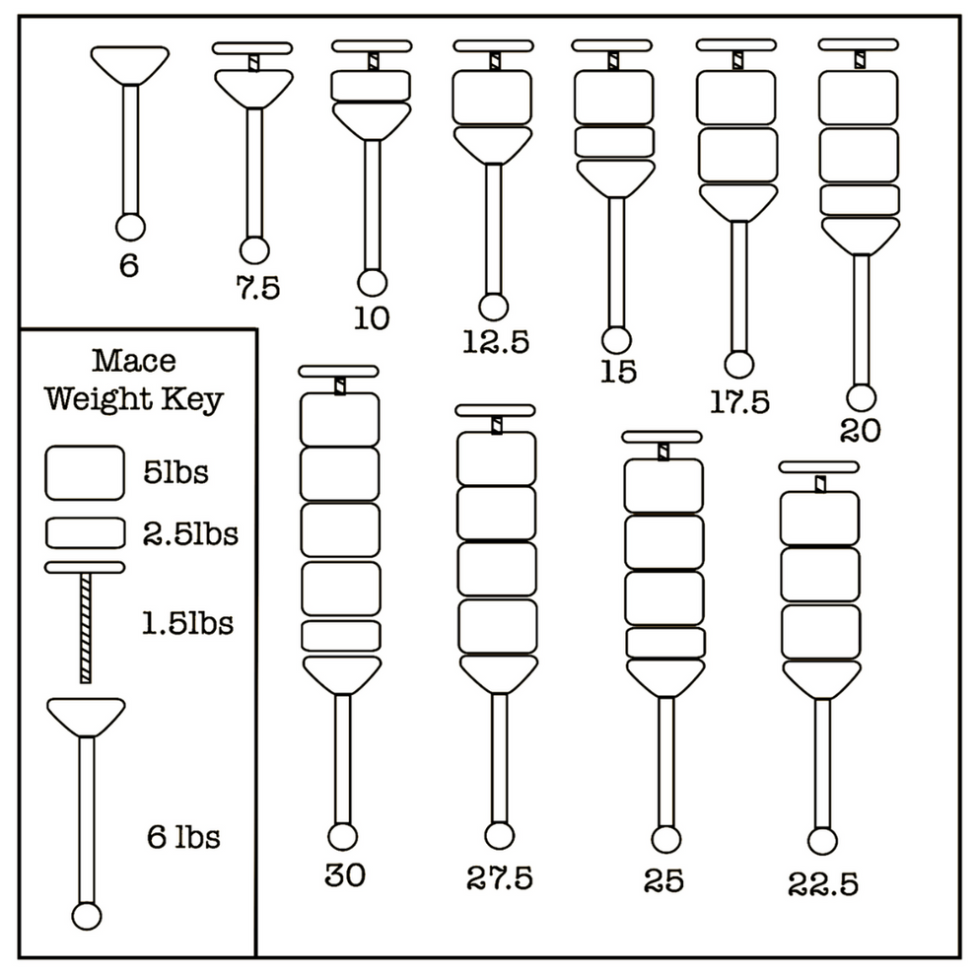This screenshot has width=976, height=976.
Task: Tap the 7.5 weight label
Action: pos(257,288)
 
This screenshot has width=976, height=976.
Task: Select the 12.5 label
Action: pos(496,341)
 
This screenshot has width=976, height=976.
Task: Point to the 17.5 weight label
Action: pos(739,401)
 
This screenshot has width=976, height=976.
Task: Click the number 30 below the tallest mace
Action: pos(344,875)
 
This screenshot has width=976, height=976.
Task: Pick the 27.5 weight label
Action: pos(500,877)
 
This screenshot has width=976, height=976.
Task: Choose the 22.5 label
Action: pos(822,883)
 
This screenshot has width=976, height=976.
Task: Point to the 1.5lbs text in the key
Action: pos(186,624)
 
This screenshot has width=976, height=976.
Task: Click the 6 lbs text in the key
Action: pos(183,838)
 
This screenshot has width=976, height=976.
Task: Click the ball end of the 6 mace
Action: pos(131,227)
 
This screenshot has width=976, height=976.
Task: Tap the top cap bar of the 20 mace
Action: pos(859,44)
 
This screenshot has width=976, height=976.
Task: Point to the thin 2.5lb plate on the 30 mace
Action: pos(341,635)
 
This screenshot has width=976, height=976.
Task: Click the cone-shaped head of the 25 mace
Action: pos(665,675)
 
